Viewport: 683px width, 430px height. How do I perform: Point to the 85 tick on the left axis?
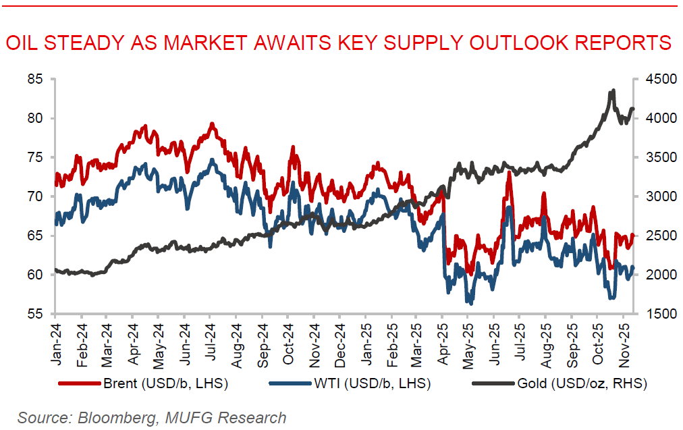click(x=34, y=79)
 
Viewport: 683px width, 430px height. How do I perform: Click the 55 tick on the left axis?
click(x=34, y=314)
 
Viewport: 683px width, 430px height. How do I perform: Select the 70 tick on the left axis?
click(x=34, y=196)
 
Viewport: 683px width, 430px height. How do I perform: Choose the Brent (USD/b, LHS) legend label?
click(x=166, y=384)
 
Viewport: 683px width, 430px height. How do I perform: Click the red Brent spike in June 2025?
click(x=508, y=173)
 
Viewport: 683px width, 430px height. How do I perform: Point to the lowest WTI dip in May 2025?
click(x=470, y=303)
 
